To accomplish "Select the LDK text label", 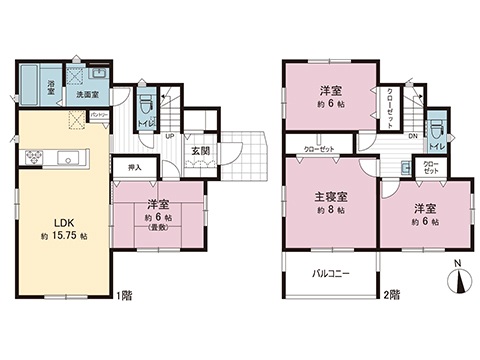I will coord(47,223).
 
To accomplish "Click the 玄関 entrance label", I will coord(199,150).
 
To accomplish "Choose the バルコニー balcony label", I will coord(329,273).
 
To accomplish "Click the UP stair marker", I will coord(171,137).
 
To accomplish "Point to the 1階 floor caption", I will coord(124,295).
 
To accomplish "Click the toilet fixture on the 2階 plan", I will coord(436,128).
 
